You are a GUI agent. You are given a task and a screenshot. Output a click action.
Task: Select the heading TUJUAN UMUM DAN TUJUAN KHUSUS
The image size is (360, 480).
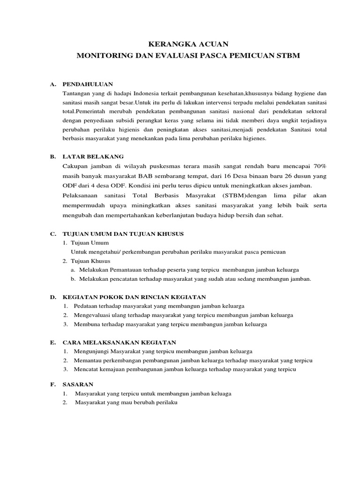pos(123,233)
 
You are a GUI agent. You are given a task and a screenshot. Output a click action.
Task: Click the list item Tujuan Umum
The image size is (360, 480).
pos(90,242)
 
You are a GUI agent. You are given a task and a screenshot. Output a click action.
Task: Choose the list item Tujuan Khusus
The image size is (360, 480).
pos(90,261)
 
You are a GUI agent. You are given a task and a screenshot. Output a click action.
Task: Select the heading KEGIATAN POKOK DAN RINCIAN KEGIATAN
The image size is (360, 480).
pos(134,297)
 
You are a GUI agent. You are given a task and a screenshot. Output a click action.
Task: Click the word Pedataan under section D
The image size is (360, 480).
pos(87,306)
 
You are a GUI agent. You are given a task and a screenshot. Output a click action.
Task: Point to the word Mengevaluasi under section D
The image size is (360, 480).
pos(94,315)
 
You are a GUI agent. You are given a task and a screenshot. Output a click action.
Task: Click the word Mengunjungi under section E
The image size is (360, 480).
pos(93,351)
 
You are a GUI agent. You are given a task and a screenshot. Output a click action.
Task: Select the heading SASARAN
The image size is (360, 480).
pos(78,384)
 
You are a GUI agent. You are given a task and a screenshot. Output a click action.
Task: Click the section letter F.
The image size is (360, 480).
pos(53,384)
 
